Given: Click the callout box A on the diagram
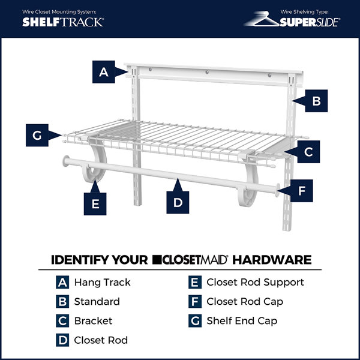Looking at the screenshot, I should pos(104,73).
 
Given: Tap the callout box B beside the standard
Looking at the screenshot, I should pos(316,101).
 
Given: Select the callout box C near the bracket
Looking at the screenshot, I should pos(308,152).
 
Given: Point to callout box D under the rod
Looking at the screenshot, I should pos(178,202).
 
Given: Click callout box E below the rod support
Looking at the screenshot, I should pos(95,203).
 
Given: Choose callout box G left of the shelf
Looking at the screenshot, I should pos(37,136).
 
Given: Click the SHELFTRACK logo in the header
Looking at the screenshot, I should pos(63,22).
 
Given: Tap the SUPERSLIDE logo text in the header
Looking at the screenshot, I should pos(311,23).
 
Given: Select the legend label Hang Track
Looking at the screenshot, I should pos(102,282).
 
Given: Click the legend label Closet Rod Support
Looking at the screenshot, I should pos(255,282).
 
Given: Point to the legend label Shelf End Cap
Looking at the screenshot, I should pos(242,321).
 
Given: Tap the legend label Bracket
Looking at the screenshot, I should pos(93,321).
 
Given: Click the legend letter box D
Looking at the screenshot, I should pos(62,340).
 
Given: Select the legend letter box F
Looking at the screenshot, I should pos(194,301).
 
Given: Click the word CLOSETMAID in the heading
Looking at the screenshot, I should pos(190,260).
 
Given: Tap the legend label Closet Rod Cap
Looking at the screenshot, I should pos(245,301).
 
